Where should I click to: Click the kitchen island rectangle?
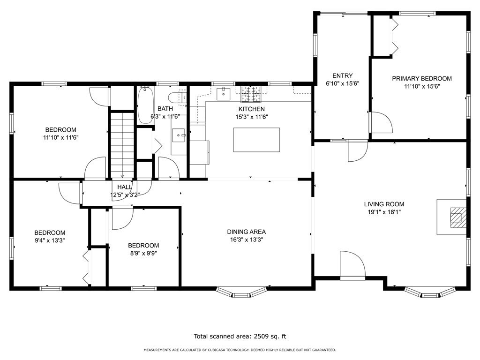(x=256, y=140)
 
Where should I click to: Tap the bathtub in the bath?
(x=146, y=105)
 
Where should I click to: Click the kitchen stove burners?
(x=251, y=94)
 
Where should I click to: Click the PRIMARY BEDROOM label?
(x=422, y=79)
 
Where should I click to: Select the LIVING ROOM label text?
(x=384, y=204)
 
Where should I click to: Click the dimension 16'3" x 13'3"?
(x=247, y=240)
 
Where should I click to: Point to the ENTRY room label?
(x=343, y=75)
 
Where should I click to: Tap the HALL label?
(x=125, y=187)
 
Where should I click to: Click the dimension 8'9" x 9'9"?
(x=143, y=253)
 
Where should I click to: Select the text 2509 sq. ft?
(x=270, y=337)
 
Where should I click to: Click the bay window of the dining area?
(x=241, y=292)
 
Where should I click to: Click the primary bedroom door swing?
(x=382, y=122)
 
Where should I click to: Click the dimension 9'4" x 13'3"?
(x=50, y=240)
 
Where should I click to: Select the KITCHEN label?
(x=252, y=109)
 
